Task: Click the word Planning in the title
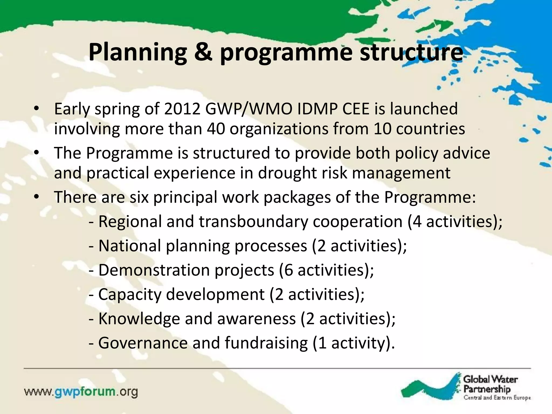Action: [x=137, y=53]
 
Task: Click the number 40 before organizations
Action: [x=216, y=129]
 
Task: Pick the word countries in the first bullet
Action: [x=430, y=129]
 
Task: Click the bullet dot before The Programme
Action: [x=37, y=153]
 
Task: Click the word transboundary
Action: [x=253, y=222]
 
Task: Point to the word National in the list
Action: [x=130, y=246]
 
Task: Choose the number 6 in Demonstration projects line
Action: [x=288, y=270]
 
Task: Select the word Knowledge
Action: [x=139, y=319]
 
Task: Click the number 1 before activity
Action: [x=322, y=343]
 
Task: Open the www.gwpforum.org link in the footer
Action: [x=81, y=392]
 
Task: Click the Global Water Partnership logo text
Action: [x=490, y=384]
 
